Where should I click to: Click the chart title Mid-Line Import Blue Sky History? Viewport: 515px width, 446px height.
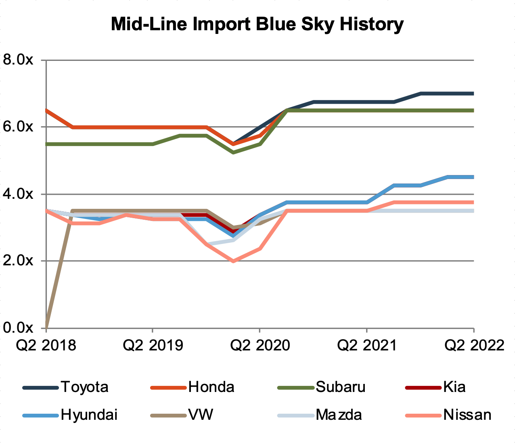coord(257,24)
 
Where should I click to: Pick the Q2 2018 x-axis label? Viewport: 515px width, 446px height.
coord(46,346)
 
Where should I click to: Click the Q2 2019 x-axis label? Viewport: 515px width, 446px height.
coord(153,346)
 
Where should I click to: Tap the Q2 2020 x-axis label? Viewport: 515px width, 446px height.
coord(260,346)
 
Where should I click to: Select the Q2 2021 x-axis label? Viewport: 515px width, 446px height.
coord(366,346)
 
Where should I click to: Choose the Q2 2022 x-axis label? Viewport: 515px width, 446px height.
coord(474,346)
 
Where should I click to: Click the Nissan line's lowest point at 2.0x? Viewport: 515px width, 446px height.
coord(233,261)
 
